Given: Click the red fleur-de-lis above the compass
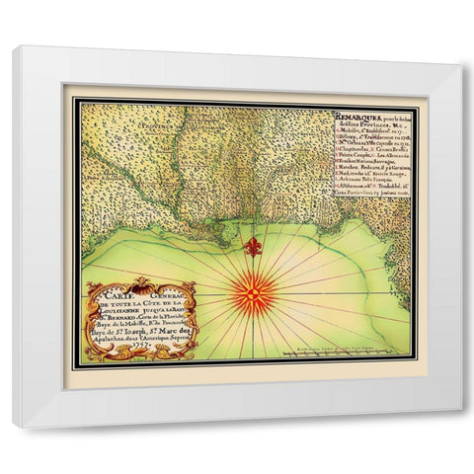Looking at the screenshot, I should pyautogui.click(x=254, y=246).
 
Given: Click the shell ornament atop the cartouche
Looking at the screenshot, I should pyautogui.click(x=141, y=283).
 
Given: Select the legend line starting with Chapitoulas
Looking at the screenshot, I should pyautogui.click(x=370, y=149).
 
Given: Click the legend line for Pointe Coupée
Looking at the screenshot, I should pyautogui.click(x=370, y=155).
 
